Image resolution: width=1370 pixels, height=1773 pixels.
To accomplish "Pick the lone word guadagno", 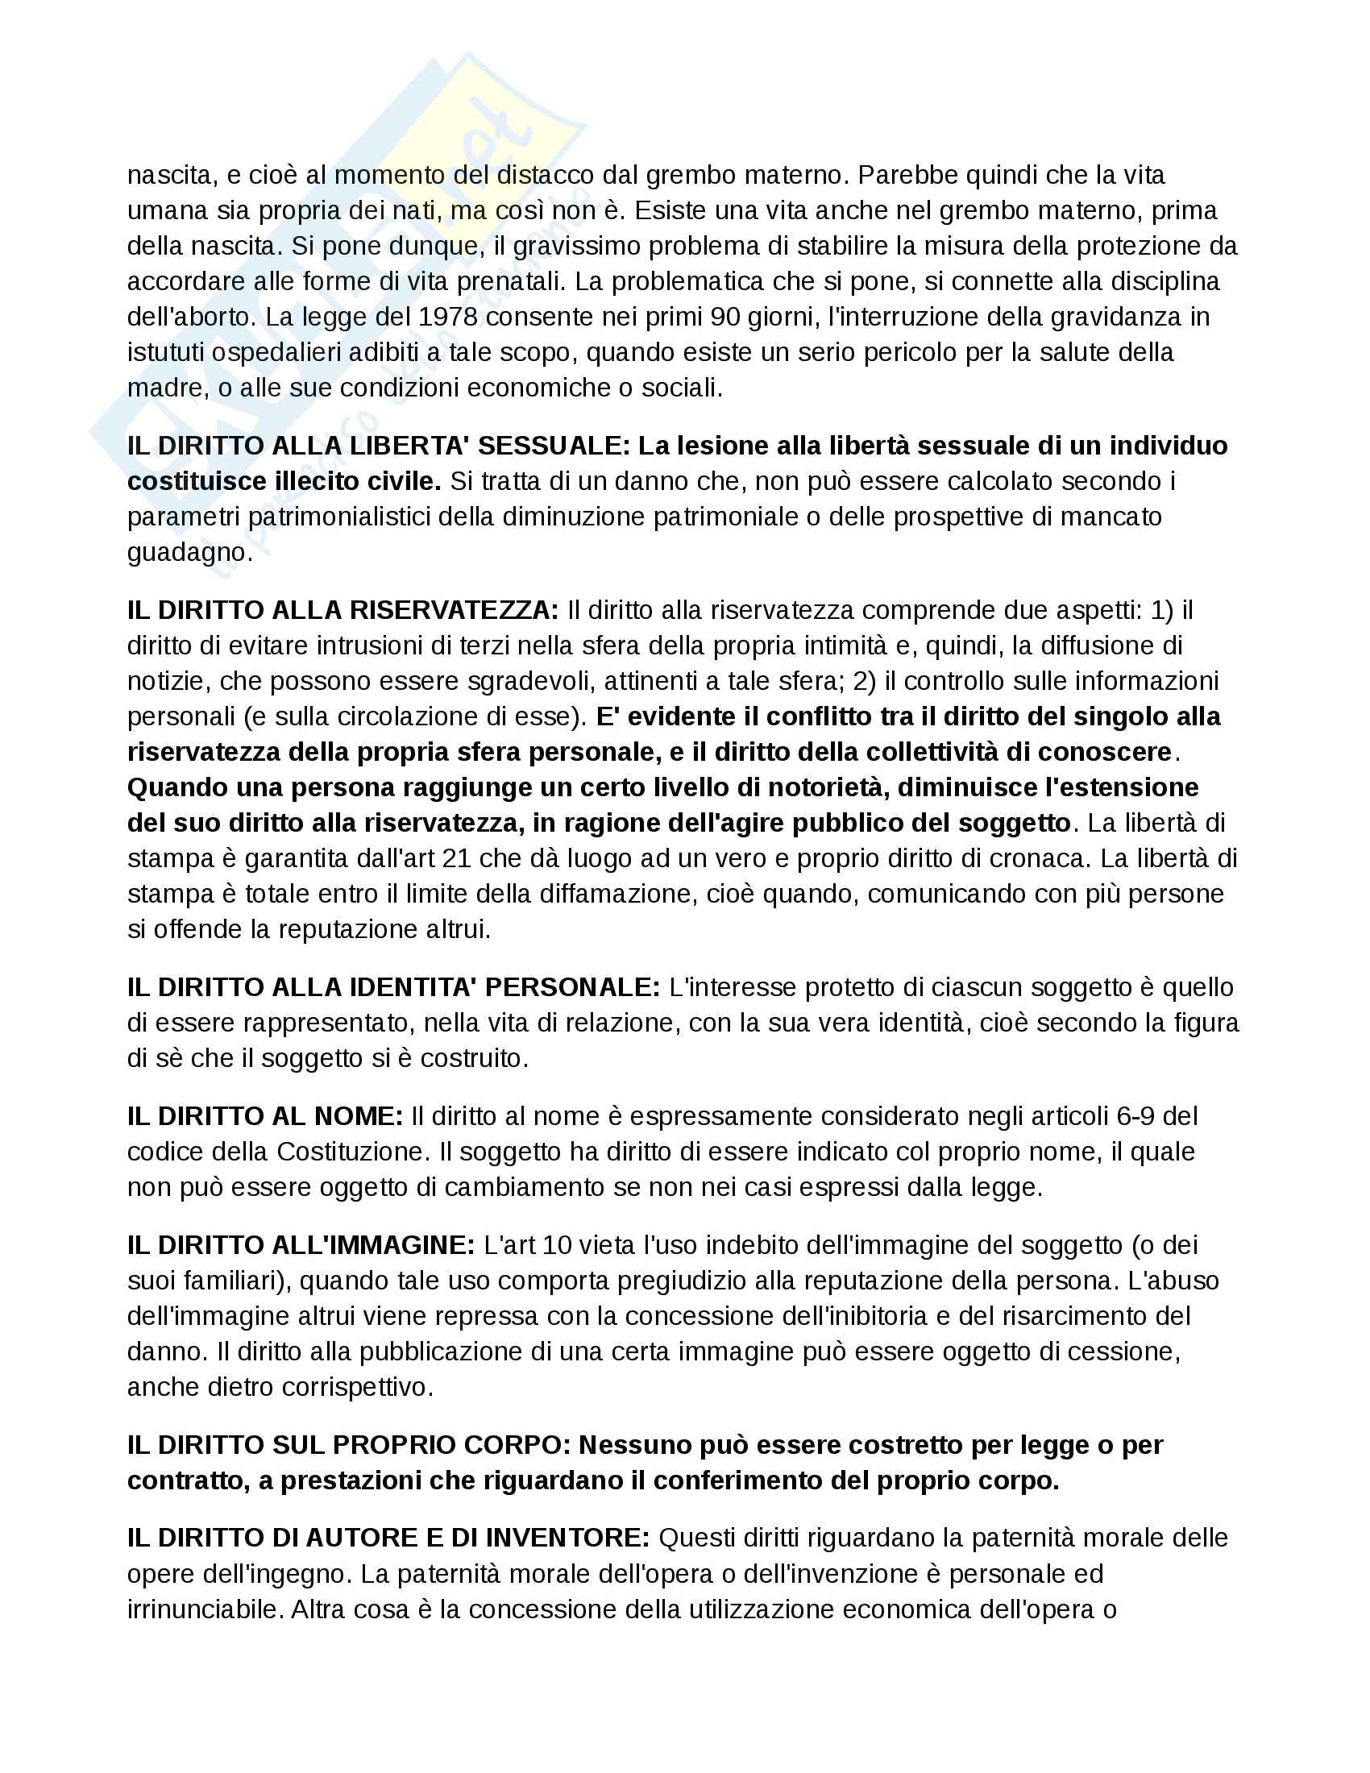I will (190, 553).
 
